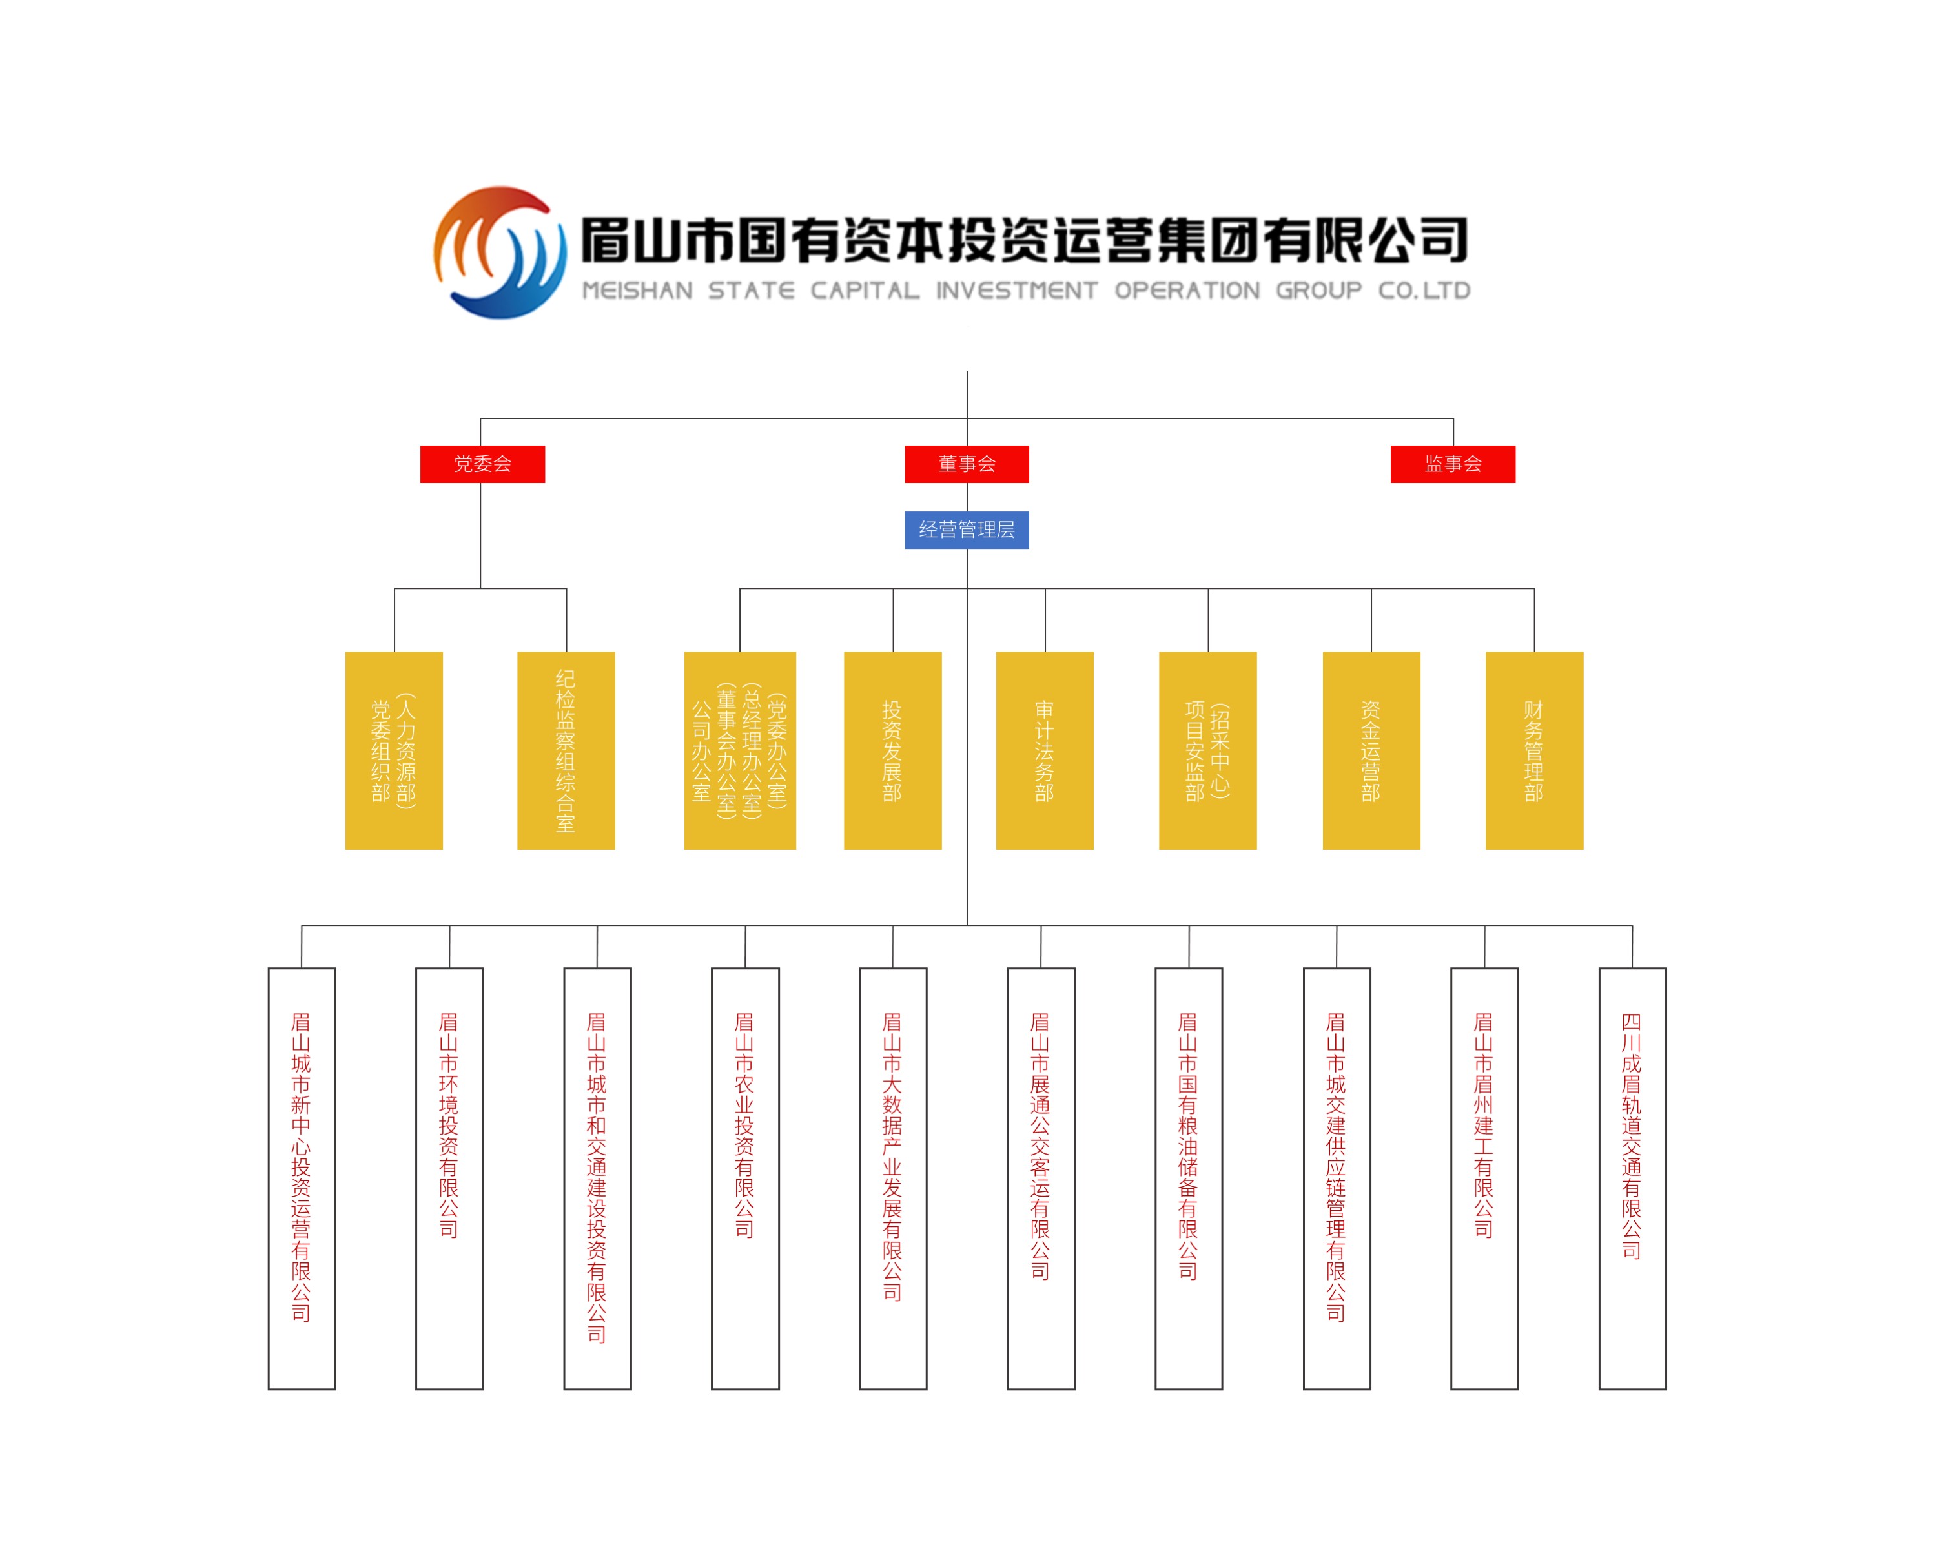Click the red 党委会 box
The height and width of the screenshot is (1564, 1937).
pos(482,464)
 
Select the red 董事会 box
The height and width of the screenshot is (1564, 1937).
pos(967,464)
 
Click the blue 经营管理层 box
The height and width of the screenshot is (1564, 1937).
pos(967,530)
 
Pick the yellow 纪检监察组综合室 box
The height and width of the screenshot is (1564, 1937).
pos(566,750)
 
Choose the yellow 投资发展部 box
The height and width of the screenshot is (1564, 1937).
pos(893,750)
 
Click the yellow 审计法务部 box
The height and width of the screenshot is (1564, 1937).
pos(1045,750)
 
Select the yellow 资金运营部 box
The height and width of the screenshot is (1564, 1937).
pos(1371,750)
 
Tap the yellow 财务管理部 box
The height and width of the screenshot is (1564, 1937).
pos(1534,750)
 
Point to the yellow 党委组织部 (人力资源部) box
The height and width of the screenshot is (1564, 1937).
pos(394,750)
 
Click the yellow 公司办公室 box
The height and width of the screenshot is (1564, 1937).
pos(740,750)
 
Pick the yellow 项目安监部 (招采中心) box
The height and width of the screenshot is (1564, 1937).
pos(1208,750)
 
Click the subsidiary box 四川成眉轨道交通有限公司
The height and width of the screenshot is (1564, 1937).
pos(1632,1178)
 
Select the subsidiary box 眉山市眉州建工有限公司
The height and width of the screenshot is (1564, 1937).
pos(1485,1178)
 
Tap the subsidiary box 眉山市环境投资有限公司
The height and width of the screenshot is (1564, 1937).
pos(449,1178)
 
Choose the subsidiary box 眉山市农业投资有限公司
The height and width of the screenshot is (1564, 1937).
pos(745,1178)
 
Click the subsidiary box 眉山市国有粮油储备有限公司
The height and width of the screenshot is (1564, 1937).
pos(1189,1178)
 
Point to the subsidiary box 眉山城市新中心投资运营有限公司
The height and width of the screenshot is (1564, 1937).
pos(302,1178)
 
